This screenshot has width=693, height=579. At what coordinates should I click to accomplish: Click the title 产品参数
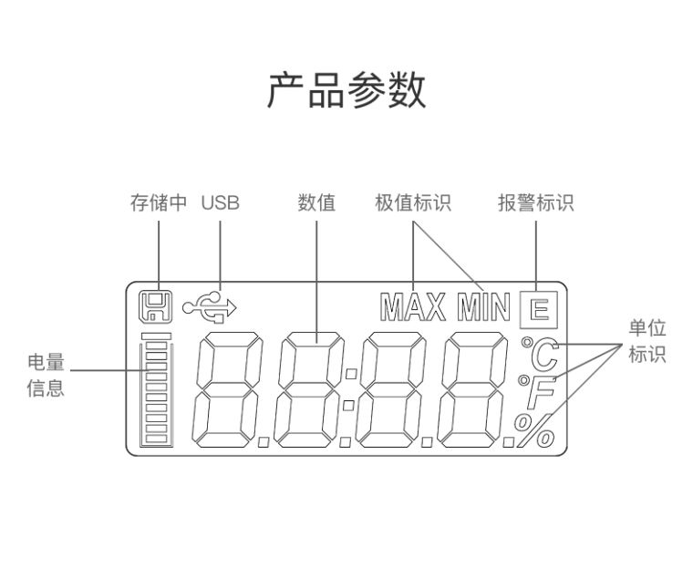point(346,91)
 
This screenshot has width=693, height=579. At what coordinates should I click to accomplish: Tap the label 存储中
point(158,202)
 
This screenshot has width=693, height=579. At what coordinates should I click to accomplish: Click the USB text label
point(220,202)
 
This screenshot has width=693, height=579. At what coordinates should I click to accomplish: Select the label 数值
point(316,202)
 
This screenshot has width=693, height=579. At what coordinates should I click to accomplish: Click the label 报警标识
point(535,202)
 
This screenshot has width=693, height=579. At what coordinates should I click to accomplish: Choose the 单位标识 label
point(646,342)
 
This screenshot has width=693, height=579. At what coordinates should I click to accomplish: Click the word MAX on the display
point(413,309)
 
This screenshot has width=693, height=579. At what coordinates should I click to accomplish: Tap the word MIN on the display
point(482,309)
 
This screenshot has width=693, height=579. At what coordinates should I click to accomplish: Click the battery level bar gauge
point(156,391)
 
